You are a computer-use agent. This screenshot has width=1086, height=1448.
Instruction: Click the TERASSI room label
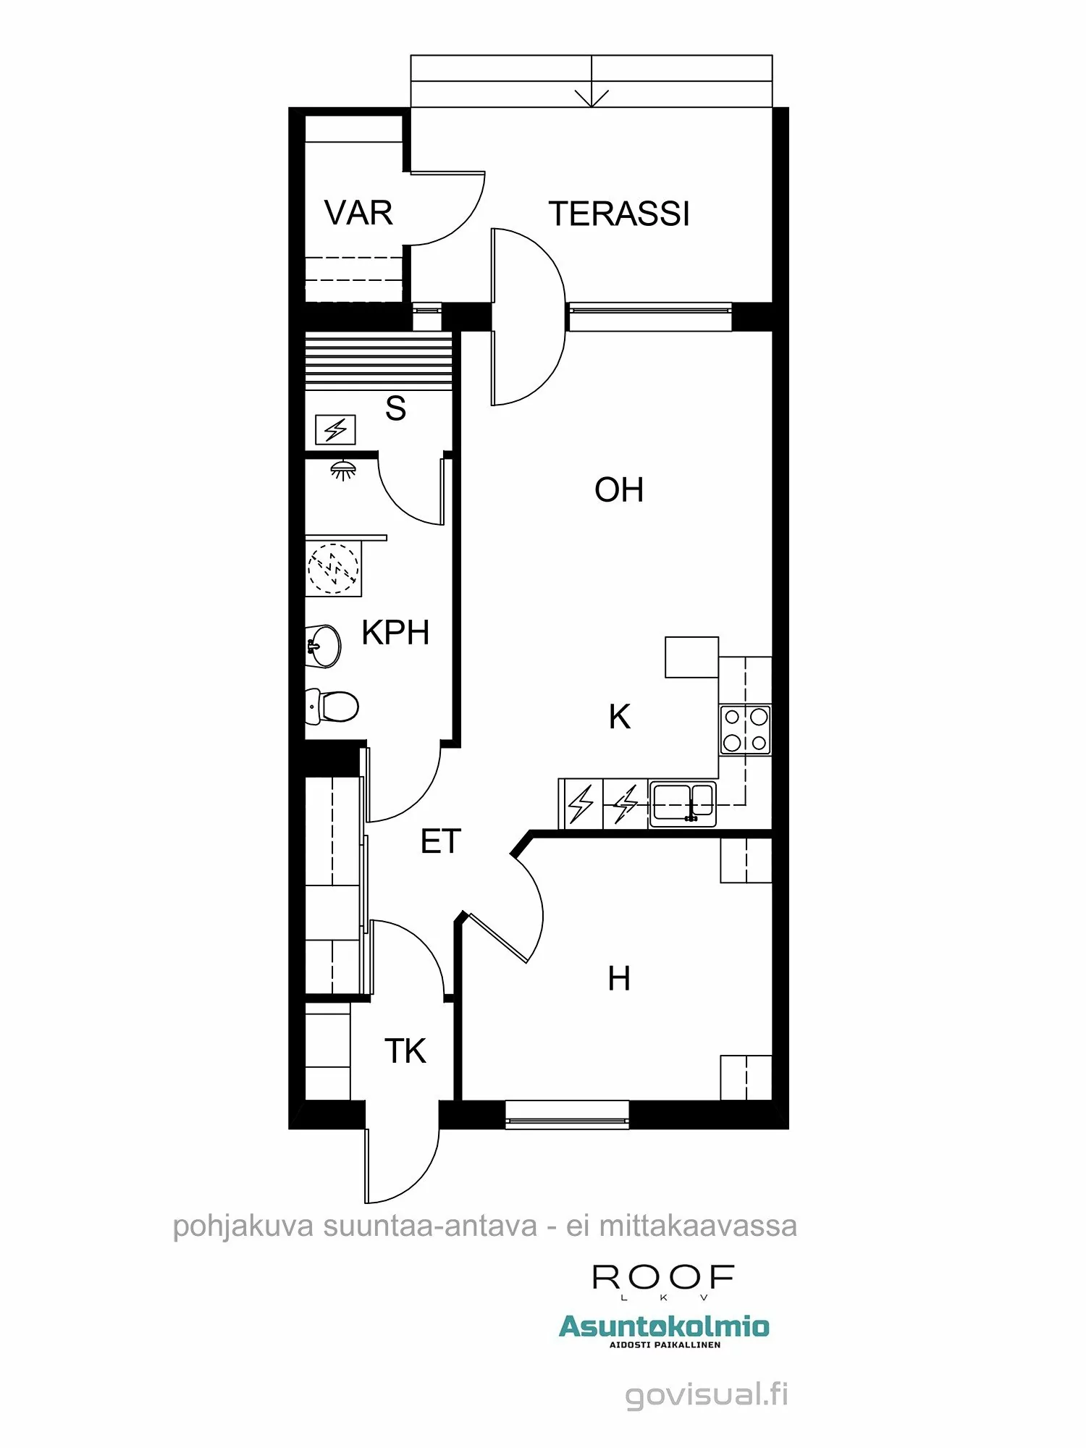point(619,214)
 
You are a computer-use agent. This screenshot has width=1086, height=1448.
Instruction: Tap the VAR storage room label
point(358,213)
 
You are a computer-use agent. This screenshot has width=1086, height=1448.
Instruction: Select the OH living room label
point(618,490)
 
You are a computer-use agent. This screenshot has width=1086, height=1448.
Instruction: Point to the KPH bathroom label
point(395,633)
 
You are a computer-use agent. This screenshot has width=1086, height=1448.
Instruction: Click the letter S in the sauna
point(395,408)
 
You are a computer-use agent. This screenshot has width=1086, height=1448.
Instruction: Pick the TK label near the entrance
point(405,1051)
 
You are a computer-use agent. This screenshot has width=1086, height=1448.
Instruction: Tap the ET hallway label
point(440,841)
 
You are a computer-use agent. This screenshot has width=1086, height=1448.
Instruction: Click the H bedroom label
point(618,979)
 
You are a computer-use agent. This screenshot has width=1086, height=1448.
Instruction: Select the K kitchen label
point(619,717)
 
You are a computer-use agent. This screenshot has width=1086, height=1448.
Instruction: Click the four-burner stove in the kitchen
point(745,731)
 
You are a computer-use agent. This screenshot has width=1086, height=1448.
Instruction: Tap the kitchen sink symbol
point(683,804)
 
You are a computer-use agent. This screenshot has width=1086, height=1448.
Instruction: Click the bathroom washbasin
point(323,646)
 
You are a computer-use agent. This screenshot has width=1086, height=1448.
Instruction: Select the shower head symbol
point(343,469)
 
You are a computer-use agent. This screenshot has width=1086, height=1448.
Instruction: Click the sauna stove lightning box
point(335,430)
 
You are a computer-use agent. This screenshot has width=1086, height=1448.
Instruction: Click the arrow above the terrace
point(592,97)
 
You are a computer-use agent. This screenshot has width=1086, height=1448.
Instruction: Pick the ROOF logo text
point(663,1278)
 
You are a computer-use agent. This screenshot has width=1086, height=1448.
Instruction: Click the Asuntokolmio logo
point(663,1327)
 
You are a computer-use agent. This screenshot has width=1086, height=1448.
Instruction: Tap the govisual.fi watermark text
point(706,1394)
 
